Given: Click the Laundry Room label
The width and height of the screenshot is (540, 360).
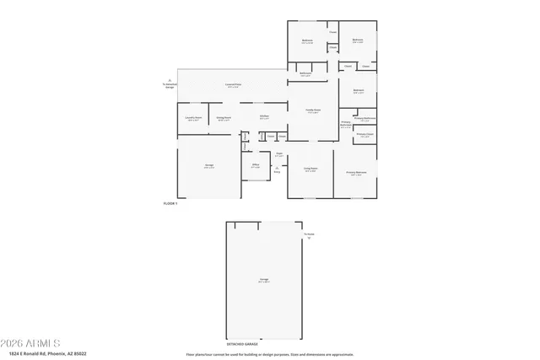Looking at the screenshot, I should [x=192, y=118].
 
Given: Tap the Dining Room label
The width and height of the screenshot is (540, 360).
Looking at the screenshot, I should [x=223, y=118].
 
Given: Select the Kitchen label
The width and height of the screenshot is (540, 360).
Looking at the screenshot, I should [x=264, y=116].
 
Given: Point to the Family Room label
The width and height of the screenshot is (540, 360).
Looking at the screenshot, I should [x=312, y=111].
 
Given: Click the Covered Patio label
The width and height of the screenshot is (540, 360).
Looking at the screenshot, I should [x=233, y=85].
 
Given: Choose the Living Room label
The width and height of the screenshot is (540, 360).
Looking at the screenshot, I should [x=310, y=169].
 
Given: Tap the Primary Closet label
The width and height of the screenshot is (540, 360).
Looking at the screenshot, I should [x=364, y=135].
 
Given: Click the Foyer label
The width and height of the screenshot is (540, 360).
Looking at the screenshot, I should [x=278, y=154].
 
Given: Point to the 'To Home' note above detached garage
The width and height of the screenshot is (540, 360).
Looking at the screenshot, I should [x=309, y=235].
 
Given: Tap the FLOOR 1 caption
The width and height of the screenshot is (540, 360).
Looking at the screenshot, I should [x=170, y=204].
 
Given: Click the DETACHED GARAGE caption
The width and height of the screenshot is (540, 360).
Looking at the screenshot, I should [x=242, y=344].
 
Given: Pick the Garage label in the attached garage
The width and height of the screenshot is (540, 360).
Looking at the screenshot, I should [x=208, y=165].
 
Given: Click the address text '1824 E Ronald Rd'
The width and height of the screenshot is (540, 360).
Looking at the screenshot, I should [x=43, y=354].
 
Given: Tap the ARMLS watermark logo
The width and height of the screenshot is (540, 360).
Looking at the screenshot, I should [x=30, y=343].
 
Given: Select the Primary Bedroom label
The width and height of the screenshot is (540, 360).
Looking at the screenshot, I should [x=356, y=173].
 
